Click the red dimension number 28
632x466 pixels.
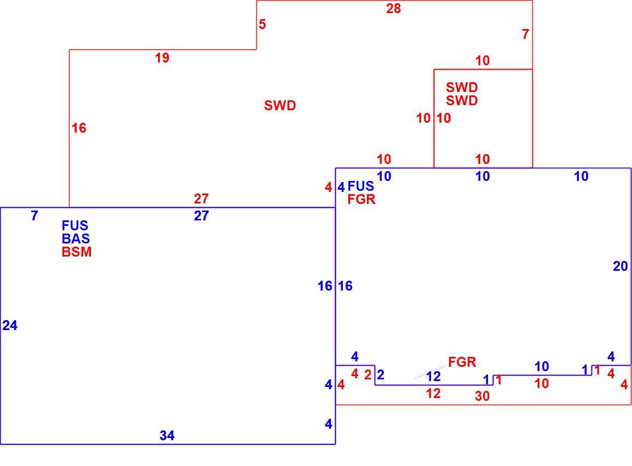[x=393, y=8]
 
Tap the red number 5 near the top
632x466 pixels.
[x=262, y=24]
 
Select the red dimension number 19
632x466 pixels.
[x=162, y=58]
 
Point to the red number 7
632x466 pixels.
[x=525, y=35]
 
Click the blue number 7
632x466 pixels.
[x=35, y=216]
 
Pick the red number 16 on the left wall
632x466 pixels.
[x=79, y=128]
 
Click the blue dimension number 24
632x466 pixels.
[x=10, y=325]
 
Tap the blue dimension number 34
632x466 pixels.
[x=167, y=435]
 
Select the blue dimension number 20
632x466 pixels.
[x=620, y=266]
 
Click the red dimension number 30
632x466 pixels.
[x=482, y=396]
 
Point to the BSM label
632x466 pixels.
[x=77, y=252]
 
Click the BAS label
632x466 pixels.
[x=76, y=238]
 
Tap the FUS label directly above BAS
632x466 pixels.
[x=75, y=225]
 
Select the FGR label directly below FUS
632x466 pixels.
[x=361, y=199]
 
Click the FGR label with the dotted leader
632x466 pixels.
[x=462, y=362]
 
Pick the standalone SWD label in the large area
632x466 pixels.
[x=280, y=105]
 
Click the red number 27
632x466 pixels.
[x=202, y=198]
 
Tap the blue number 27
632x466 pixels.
[x=202, y=216]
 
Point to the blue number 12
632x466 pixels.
[x=433, y=377]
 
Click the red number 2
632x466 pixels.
[x=367, y=375]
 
